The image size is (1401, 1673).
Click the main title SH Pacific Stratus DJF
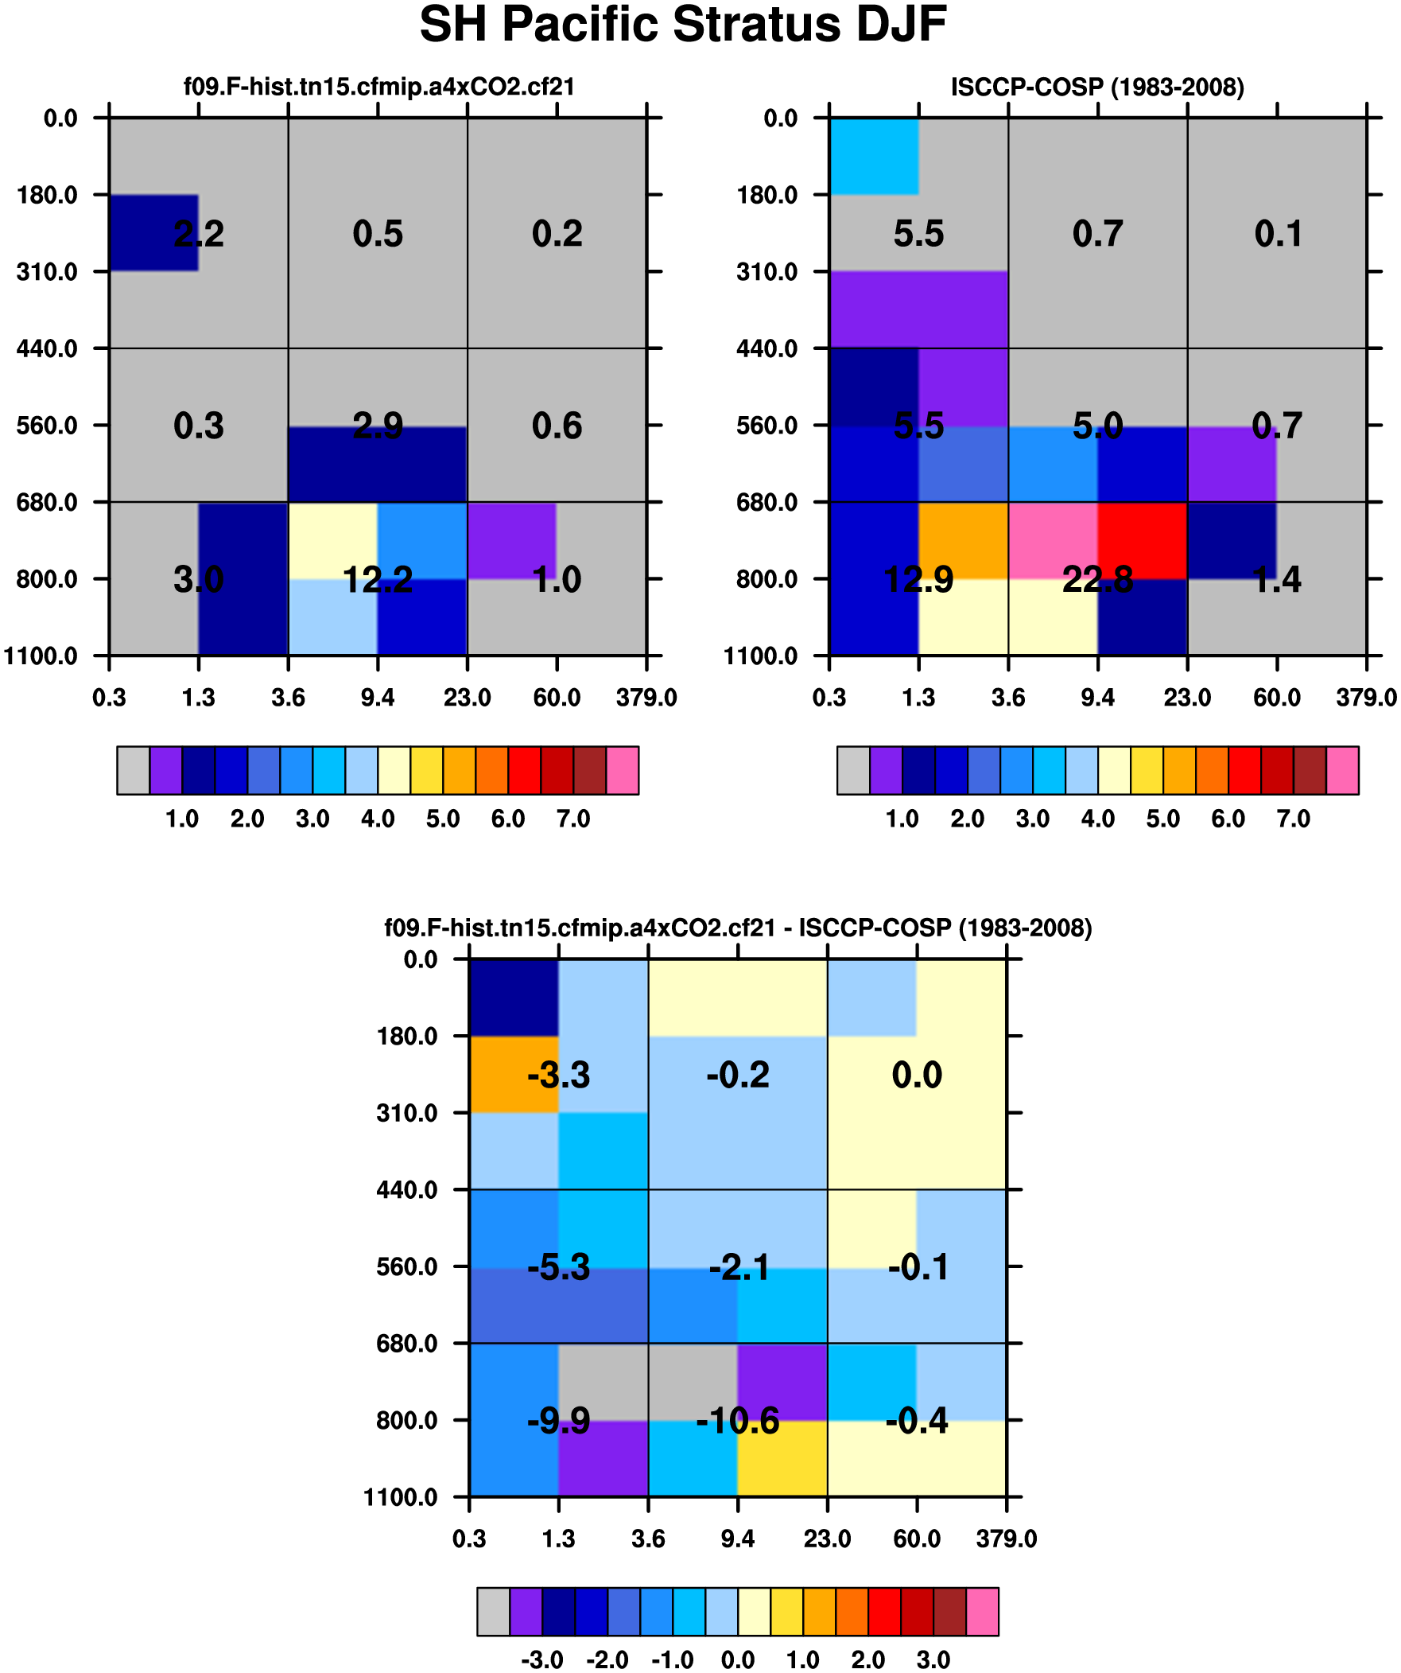point(682,25)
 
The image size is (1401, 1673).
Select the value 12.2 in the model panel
point(378,579)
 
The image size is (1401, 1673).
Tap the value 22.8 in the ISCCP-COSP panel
point(1097,579)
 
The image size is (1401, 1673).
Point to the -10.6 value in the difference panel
point(738,1421)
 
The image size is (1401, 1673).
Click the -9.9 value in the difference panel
point(558,1421)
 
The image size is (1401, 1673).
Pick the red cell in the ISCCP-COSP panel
point(1142,540)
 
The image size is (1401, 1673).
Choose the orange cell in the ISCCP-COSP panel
point(963,540)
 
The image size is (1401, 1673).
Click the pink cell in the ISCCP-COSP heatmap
point(1053,540)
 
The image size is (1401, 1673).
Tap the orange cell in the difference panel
point(514,1074)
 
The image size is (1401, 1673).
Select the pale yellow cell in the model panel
point(333,540)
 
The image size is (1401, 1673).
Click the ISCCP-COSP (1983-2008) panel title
point(1097,87)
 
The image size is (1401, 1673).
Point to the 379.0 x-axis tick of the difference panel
point(1007,1539)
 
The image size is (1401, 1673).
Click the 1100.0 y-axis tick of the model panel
point(41,656)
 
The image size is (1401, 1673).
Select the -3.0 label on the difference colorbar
point(542,1659)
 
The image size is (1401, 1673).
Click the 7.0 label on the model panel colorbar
point(573,818)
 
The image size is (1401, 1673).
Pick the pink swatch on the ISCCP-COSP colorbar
point(1342,770)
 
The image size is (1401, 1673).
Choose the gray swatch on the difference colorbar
point(493,1611)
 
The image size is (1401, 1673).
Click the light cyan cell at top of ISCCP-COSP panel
point(874,156)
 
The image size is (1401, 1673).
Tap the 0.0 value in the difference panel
point(917,1075)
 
